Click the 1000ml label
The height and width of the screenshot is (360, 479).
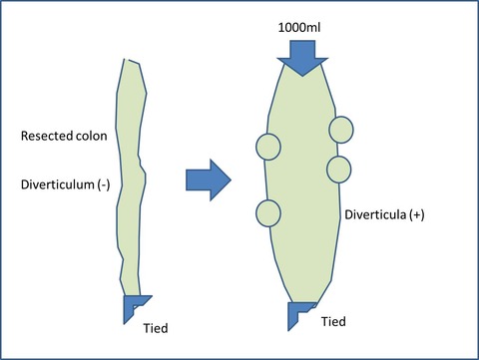point(299,27)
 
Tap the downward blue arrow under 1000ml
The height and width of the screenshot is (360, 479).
point(302,58)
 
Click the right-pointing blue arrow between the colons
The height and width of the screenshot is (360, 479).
point(209,180)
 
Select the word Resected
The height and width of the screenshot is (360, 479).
point(47,136)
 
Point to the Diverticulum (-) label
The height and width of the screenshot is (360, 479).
point(65,184)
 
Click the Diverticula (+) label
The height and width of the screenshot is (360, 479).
point(384,214)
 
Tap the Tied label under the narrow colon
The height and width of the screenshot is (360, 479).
point(156,328)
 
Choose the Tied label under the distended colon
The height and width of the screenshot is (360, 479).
point(333,321)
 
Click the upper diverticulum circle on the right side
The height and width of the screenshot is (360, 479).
point(341,130)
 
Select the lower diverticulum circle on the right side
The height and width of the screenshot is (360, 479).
point(339,170)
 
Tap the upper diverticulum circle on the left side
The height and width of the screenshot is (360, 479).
point(268,147)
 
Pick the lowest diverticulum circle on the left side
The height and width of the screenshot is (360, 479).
point(268,213)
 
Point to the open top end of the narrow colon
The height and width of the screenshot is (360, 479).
point(131,61)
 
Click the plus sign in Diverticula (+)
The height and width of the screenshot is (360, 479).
point(417,215)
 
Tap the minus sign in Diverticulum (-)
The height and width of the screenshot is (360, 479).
point(104,185)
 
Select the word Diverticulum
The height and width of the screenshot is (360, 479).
point(58,184)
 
